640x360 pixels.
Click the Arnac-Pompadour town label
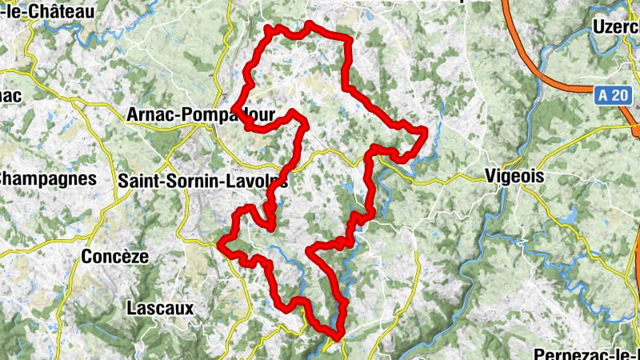coord(200,115)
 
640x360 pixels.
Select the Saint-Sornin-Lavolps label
coord(202,182)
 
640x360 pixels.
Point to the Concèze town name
coord(115,257)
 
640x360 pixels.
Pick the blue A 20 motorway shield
coord(613,95)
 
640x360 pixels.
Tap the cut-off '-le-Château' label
coord(48,11)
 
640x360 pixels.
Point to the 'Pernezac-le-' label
coord(588,353)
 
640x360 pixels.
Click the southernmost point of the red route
coord(339,336)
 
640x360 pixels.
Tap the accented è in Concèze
coord(129,257)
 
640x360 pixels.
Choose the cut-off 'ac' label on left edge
coord(10,94)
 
